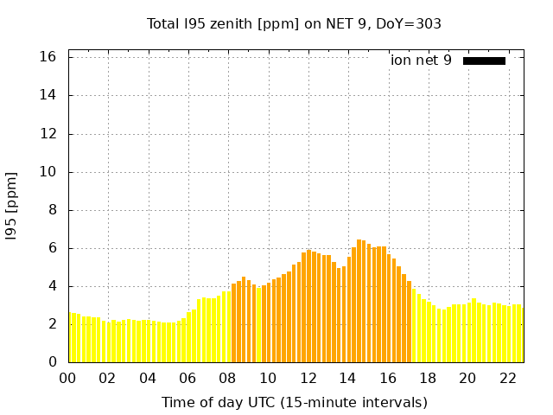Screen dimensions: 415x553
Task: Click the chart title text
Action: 294,24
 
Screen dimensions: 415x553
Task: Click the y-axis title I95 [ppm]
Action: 12,206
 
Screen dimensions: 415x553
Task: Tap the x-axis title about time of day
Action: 294,402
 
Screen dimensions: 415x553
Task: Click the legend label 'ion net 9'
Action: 421,61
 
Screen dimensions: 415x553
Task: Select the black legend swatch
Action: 484,61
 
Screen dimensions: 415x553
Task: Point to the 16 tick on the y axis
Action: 48,57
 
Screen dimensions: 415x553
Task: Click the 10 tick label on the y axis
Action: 48,172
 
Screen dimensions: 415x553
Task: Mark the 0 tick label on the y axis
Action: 52,362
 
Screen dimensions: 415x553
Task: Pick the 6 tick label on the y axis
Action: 52,248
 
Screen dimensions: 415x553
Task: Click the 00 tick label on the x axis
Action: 67,378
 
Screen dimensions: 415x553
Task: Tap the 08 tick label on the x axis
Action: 228,378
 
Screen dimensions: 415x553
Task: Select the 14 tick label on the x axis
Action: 348,378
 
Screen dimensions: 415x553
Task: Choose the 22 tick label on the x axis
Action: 508,378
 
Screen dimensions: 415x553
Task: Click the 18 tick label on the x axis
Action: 428,378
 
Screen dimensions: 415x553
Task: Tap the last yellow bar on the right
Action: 520,333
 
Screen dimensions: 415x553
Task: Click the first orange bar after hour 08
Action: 233,322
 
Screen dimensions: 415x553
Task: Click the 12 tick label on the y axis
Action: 48,134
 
